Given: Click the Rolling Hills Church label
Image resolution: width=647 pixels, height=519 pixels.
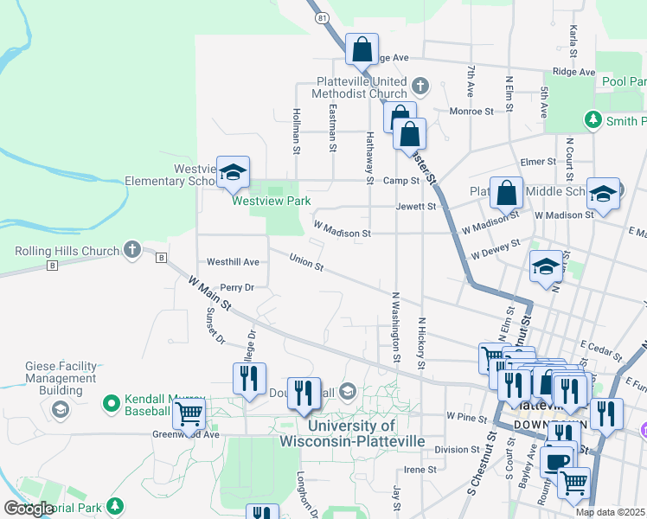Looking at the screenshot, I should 67,252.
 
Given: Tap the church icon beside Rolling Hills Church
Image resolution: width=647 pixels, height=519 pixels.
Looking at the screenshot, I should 132,250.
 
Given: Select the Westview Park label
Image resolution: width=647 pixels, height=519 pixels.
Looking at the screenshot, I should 271,201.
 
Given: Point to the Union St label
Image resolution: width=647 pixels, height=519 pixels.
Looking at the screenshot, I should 306,260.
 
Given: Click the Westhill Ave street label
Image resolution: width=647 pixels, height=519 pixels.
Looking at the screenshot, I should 233,261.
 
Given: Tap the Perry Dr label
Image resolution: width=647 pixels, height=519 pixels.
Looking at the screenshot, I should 237,287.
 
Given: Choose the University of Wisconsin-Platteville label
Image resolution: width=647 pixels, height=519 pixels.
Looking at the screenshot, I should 352,433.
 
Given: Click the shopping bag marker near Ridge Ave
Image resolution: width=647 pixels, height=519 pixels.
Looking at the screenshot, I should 362,49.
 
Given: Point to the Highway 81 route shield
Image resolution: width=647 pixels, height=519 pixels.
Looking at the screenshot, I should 323,16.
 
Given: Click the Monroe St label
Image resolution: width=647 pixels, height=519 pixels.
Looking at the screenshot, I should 471,112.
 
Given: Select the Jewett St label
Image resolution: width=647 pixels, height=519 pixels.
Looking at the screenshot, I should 416,207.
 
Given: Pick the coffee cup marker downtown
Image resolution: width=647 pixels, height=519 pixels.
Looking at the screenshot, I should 557,459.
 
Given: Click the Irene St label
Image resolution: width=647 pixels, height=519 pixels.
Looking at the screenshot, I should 420,470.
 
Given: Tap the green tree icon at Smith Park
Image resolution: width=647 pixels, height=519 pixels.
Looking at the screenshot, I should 593,119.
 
